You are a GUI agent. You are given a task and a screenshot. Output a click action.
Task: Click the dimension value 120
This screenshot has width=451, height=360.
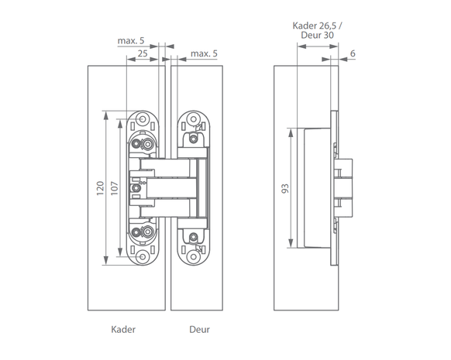[x=100, y=188]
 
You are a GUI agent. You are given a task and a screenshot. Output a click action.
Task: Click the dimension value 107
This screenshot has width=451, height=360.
[x=115, y=188]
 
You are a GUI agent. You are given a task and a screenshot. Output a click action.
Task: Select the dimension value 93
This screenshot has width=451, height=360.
[x=284, y=188]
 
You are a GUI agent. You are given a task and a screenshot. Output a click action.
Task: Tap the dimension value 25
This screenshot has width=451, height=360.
[x=143, y=53]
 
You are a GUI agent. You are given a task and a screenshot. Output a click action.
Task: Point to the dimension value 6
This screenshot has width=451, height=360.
[x=353, y=53]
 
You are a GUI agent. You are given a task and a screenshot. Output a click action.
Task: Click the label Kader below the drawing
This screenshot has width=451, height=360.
[x=123, y=329]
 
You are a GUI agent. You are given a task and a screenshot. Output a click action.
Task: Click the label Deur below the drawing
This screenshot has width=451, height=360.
[x=199, y=329]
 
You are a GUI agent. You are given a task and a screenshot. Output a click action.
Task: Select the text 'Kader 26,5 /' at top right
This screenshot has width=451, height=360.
[x=317, y=26]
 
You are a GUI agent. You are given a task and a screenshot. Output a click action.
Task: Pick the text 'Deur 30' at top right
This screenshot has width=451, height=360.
[x=317, y=36]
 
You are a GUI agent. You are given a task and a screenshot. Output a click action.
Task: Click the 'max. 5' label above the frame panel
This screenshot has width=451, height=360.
[x=131, y=41]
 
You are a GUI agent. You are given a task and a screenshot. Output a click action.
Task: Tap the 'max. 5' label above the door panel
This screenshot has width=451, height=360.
[x=204, y=53]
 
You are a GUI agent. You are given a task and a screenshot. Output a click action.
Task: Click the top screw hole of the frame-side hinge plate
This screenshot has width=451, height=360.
[x=143, y=118]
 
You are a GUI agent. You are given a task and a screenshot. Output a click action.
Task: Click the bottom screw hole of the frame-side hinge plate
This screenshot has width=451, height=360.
[x=143, y=256]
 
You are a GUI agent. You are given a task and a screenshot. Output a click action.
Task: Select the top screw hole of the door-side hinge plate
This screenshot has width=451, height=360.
[x=194, y=119]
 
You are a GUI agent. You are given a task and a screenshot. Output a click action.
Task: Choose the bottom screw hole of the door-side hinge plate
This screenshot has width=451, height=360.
[x=194, y=256]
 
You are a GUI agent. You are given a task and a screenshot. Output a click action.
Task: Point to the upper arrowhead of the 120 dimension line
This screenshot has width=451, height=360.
[x=106, y=115]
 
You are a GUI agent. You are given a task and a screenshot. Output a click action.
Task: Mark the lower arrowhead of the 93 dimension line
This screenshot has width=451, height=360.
[x=291, y=243]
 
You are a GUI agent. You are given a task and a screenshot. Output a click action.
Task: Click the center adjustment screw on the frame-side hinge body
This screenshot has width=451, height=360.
[x=136, y=188]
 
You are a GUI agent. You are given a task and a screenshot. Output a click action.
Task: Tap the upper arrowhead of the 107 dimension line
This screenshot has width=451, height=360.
[x=120, y=125]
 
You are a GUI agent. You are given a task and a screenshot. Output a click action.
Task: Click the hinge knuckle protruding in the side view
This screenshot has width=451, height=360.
[x=344, y=188]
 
